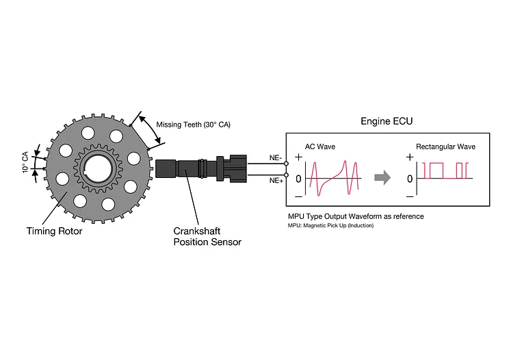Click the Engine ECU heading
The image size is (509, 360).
(387, 121)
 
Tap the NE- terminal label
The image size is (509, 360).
(276, 157)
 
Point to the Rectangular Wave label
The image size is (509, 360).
(445, 146)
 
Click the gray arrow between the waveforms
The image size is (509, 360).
(382, 178)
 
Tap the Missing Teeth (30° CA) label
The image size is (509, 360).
(193, 125)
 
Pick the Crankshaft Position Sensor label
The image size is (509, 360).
(207, 236)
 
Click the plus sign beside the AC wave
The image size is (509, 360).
(295, 157)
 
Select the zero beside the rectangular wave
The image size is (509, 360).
(410, 179)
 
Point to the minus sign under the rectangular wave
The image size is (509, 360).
(410, 196)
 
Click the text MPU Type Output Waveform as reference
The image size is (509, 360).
(356, 216)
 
